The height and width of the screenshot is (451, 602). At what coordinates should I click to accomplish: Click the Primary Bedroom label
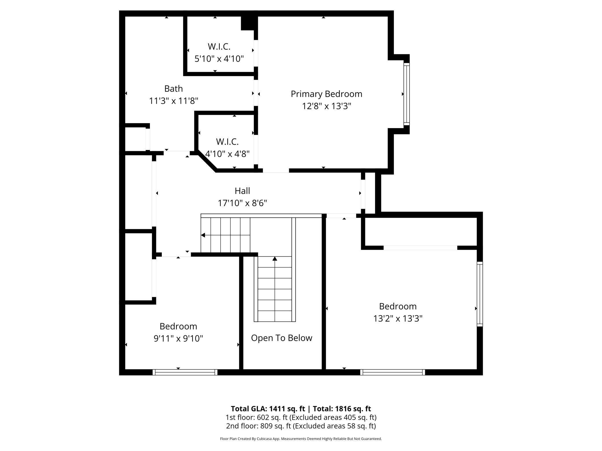point(326,94)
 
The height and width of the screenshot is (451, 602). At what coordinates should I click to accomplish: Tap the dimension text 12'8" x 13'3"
point(326,106)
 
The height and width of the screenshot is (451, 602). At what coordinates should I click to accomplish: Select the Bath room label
point(173,88)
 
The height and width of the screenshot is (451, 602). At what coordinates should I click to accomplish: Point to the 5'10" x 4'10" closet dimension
point(219,59)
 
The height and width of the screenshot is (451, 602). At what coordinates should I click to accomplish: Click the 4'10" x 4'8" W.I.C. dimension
point(227,154)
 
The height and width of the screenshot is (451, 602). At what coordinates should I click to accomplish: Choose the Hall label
point(242,191)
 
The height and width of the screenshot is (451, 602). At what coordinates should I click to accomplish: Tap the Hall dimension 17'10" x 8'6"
point(242,203)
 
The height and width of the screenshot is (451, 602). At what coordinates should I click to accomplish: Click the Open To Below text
point(282,338)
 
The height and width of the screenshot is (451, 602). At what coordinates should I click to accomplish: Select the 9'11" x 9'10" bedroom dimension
point(178,338)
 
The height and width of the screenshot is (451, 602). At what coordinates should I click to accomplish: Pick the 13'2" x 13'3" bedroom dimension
point(398,318)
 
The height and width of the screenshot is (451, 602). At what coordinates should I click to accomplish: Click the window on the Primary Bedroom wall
point(407,94)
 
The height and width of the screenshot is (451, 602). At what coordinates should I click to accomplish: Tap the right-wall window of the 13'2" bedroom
point(480,294)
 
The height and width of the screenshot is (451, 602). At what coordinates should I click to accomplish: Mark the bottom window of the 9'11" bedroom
point(185,372)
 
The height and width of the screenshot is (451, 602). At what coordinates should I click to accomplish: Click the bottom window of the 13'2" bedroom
point(393,372)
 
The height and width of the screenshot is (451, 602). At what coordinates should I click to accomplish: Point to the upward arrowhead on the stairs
point(275,258)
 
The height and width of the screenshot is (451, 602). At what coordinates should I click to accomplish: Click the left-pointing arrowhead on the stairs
point(203,235)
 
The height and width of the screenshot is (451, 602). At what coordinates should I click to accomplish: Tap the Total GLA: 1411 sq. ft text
point(268,409)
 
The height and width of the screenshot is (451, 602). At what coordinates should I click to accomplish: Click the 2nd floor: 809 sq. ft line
point(301,426)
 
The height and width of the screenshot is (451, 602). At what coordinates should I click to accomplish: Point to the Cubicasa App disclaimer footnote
point(301,439)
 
